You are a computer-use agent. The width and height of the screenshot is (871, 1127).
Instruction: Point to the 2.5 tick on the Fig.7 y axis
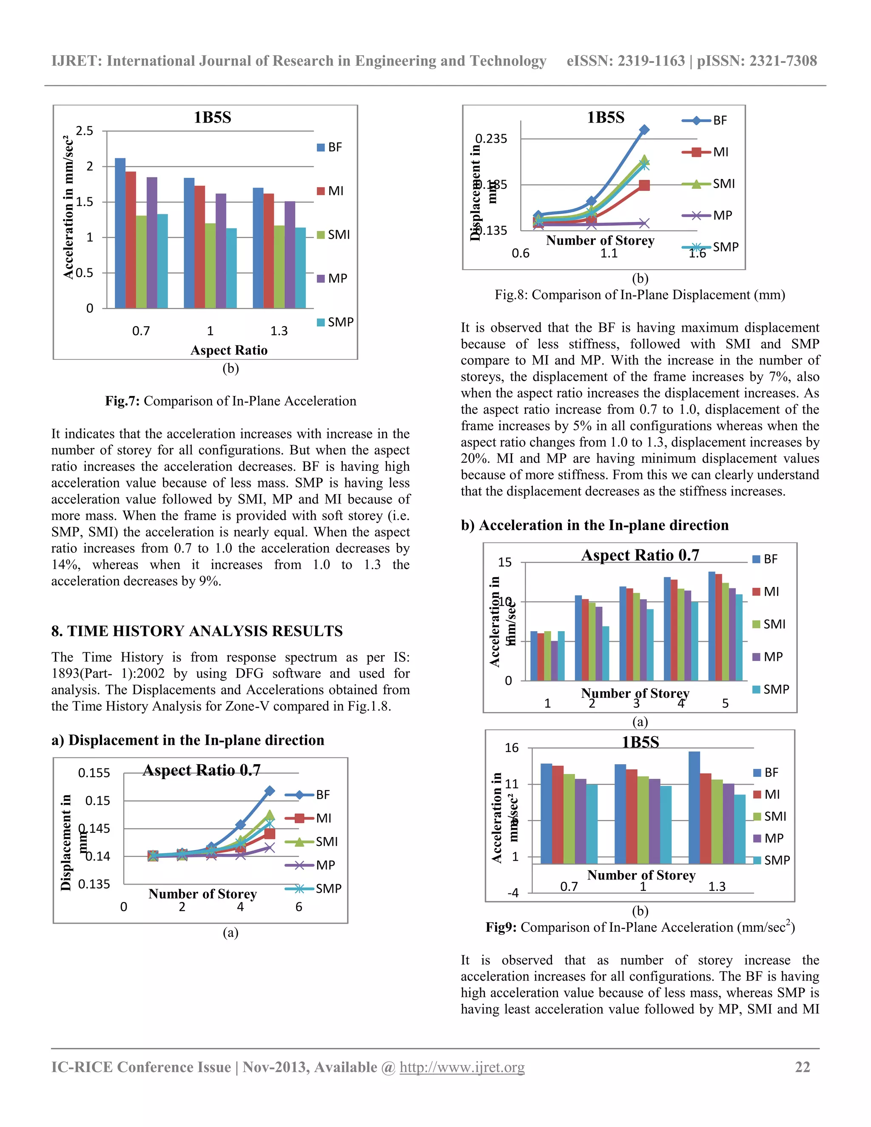(85, 131)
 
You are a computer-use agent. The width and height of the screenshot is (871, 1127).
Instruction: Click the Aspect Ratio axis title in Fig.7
(229, 350)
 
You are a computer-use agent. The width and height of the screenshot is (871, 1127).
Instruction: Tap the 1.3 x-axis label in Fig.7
(279, 331)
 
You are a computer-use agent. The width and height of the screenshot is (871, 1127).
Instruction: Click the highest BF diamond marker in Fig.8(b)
(644, 130)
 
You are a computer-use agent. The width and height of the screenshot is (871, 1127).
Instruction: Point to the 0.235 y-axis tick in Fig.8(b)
(491, 139)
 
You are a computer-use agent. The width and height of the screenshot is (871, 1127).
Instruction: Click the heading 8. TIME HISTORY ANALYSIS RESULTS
(196, 631)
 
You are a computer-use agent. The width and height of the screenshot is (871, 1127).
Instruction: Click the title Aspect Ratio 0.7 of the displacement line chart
(202, 770)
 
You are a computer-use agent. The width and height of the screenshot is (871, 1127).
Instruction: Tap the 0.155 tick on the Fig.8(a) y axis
(94, 773)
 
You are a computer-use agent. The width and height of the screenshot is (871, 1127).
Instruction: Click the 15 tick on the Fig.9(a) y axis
(505, 563)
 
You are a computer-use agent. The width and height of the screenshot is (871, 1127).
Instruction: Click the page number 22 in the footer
(803, 1067)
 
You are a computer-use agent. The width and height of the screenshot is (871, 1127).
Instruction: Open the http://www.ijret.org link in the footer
(462, 1067)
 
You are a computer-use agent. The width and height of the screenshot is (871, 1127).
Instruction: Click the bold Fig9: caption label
(501, 927)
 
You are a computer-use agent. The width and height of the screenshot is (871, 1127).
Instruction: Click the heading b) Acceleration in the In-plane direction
(595, 525)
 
